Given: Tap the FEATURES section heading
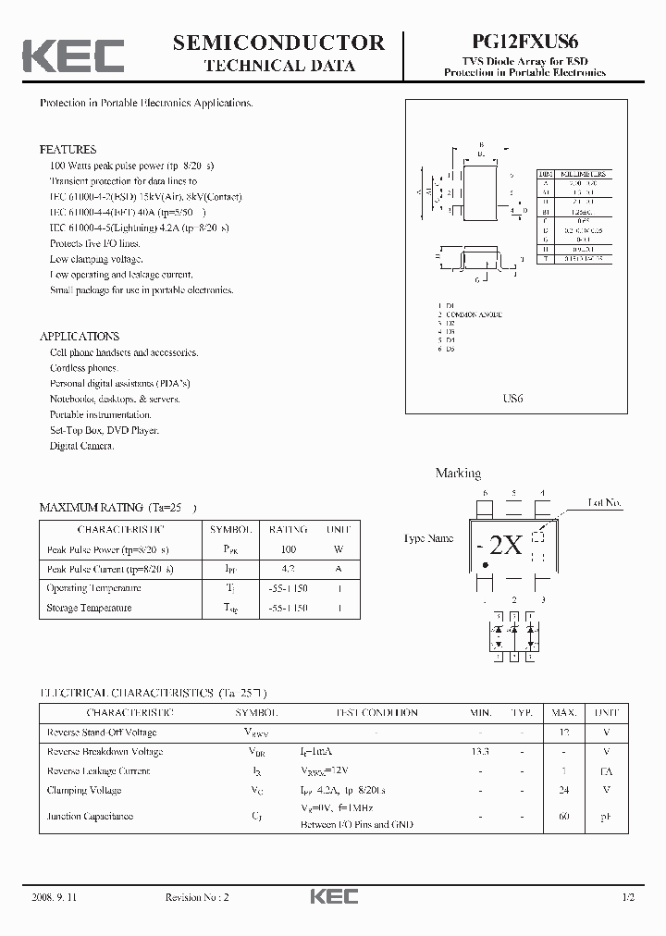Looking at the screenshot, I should [x=68, y=149].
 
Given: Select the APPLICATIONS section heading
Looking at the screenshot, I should [x=80, y=337].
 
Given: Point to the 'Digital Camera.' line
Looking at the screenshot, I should [x=82, y=446].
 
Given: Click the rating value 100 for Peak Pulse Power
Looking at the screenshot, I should [x=288, y=549].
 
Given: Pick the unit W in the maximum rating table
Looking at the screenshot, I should [x=339, y=549].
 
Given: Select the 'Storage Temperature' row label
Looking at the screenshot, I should [x=89, y=608].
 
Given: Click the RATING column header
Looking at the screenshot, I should [x=288, y=530].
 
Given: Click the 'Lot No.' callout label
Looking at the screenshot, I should [x=605, y=503].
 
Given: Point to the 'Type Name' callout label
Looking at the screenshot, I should [x=428, y=537].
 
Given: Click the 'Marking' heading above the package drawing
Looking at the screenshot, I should [x=458, y=474].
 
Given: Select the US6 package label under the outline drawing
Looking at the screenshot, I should [x=512, y=399].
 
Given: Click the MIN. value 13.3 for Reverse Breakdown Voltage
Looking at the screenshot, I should [x=480, y=752].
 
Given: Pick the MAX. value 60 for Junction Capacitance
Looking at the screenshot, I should [x=565, y=817].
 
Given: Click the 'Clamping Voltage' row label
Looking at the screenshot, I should [x=84, y=791].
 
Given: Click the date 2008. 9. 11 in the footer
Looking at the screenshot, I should [x=56, y=898].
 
